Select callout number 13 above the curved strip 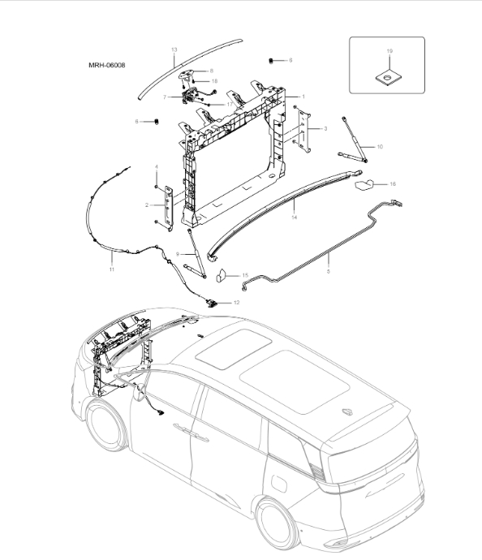[174, 50]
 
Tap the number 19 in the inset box [389, 51]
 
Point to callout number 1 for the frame [303, 97]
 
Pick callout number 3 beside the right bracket [325, 129]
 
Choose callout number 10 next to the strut [380, 146]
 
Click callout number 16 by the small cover [393, 184]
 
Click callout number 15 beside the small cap [245, 276]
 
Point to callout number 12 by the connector [236, 302]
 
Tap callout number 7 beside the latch [165, 97]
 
